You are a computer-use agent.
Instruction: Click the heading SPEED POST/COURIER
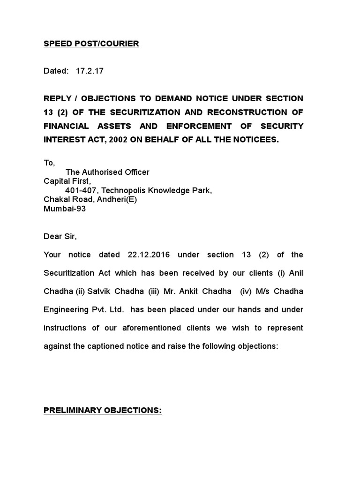point(91,44)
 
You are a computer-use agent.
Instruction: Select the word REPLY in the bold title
point(57,98)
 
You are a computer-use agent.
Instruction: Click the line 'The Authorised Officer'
point(107,172)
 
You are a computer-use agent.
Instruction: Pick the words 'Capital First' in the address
point(67,181)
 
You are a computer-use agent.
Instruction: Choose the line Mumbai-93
point(65,209)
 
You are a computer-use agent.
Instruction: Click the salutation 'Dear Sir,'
point(60,236)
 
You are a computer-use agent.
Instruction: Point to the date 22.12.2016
point(146,255)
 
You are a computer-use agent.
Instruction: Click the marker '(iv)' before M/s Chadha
point(246,291)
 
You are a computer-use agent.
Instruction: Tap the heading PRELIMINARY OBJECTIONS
point(103,410)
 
